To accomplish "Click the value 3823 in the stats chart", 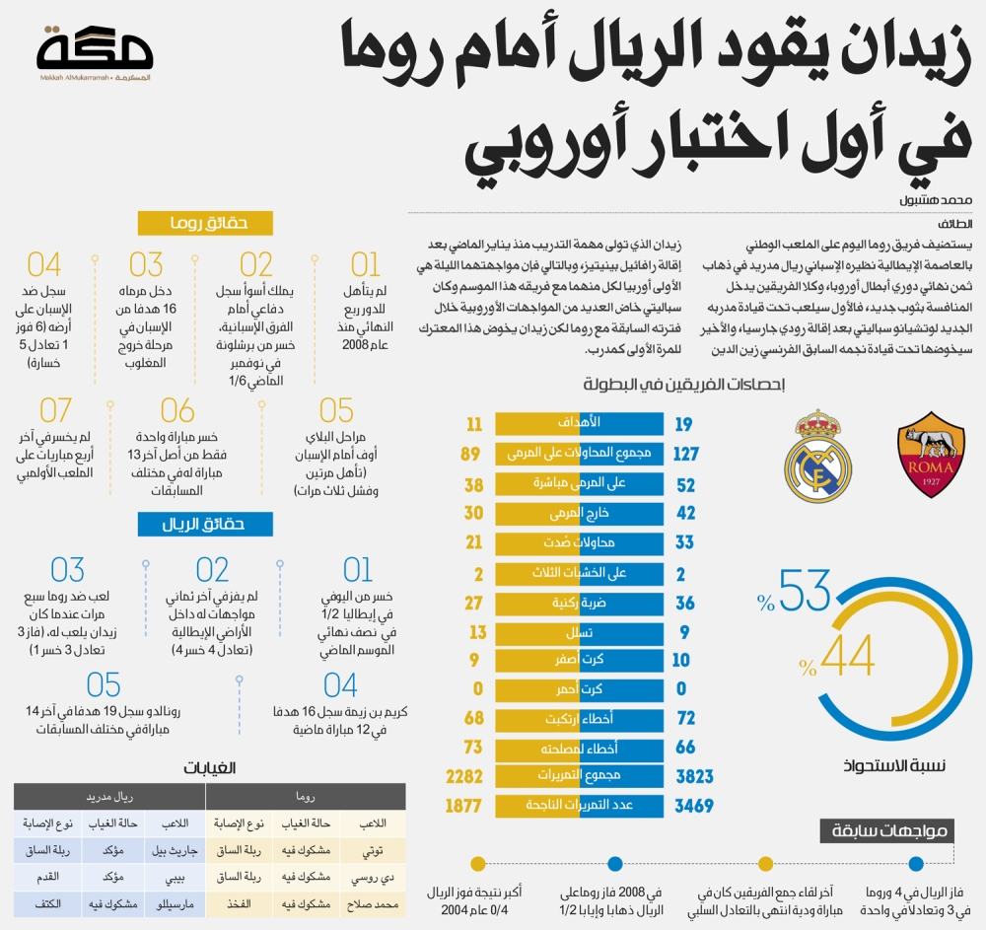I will pos(694,776).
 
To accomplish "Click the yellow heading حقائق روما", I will pos(205,224).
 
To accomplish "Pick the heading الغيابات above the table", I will pos(213,766).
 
